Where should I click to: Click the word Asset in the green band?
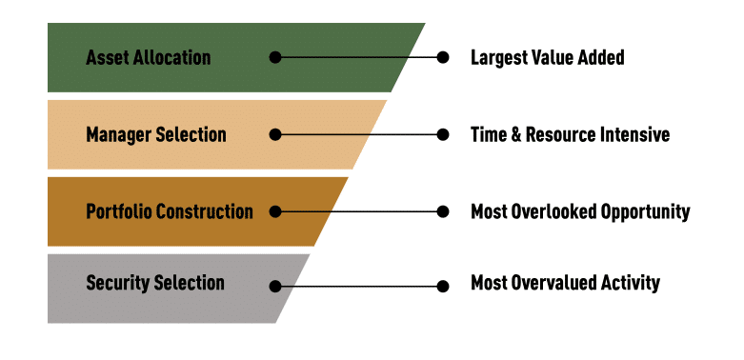point(107,58)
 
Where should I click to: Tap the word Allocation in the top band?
point(171,58)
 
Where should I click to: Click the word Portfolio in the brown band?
point(119,211)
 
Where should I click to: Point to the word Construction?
point(205,211)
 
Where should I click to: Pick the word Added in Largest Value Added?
point(602,57)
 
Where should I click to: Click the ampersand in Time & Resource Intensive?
point(516,134)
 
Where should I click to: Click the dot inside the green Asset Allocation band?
point(275,57)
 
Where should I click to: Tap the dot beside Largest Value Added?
point(443,57)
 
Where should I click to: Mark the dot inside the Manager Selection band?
point(275,134)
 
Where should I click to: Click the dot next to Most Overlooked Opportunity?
point(443,211)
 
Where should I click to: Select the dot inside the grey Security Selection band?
point(275,287)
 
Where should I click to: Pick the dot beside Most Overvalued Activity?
point(443,287)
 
